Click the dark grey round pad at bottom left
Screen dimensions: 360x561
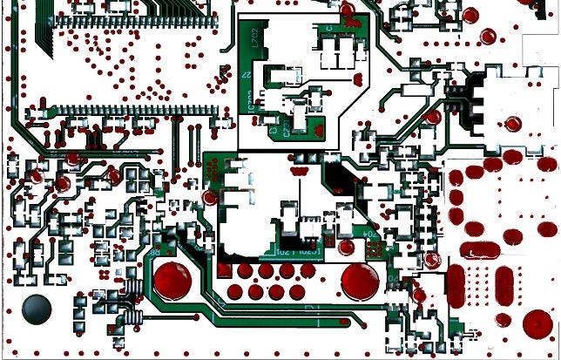37,308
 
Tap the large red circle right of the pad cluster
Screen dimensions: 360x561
360,280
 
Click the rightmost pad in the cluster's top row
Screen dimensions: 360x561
308,270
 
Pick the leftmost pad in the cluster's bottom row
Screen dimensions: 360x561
235,291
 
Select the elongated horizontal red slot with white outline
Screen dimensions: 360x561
477,251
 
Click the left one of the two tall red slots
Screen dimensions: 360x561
456,285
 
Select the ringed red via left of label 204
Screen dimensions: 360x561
346,247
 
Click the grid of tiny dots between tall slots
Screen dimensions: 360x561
480,286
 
